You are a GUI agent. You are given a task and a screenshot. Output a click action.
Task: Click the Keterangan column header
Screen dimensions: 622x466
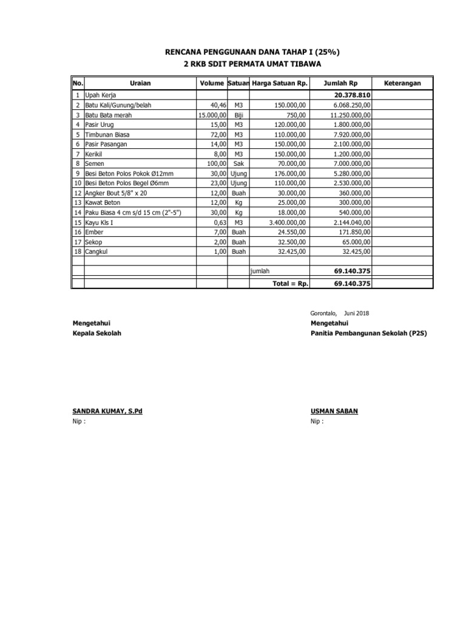pyautogui.click(x=403, y=83)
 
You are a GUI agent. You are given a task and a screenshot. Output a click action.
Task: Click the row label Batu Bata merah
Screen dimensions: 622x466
pyautogui.click(x=108, y=115)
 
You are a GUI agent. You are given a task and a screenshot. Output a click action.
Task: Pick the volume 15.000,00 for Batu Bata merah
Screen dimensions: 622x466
pyautogui.click(x=212, y=115)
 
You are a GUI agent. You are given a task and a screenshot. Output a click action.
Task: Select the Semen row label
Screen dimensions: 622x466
pyautogui.click(x=94, y=163)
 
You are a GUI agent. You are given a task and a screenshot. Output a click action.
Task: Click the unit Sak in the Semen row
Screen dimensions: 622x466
pyautogui.click(x=238, y=163)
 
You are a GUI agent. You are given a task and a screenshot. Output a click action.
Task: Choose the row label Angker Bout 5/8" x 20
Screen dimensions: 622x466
pyautogui.click(x=116, y=193)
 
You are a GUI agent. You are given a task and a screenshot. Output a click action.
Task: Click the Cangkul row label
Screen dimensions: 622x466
pyautogui.click(x=97, y=251)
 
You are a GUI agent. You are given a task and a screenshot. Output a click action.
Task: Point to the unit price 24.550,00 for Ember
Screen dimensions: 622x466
pyautogui.click(x=292, y=232)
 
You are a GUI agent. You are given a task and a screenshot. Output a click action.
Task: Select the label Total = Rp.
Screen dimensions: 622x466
pyautogui.click(x=290, y=283)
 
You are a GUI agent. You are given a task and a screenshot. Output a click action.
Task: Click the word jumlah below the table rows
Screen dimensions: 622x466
pyautogui.click(x=260, y=271)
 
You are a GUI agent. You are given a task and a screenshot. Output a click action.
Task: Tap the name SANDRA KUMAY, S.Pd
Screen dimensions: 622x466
pyautogui.click(x=107, y=411)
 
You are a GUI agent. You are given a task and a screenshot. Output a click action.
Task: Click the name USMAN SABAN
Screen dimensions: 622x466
pyautogui.click(x=334, y=411)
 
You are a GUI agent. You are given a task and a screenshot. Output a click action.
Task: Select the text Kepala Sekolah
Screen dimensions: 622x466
pyautogui.click(x=96, y=333)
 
